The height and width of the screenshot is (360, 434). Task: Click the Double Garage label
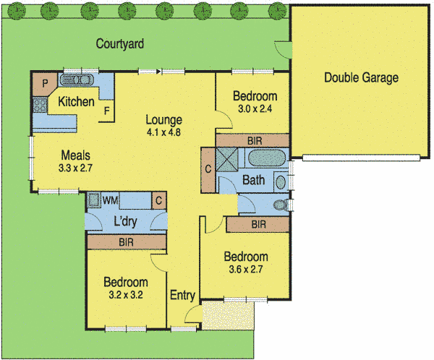361,78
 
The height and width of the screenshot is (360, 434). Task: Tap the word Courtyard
120,44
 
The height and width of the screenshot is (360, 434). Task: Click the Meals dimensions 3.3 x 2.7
76,168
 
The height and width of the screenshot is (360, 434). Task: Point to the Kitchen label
77,102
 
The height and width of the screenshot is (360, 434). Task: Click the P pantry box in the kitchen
45,84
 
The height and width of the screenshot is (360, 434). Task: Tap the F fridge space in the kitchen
106,111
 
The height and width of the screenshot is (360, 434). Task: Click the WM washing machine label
111,199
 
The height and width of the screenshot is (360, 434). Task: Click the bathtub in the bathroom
267,159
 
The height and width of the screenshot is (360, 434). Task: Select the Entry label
182,295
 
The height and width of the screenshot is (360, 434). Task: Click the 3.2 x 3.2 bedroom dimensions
125,295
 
